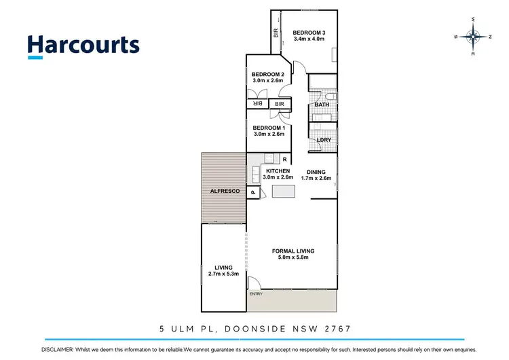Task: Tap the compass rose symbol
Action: [473, 36]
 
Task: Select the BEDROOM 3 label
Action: [309, 33]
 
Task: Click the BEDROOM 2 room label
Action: [267, 74]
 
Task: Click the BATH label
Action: [321, 105]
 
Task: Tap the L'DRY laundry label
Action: [324, 140]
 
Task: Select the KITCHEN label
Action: [278, 171]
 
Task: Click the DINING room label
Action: [316, 172]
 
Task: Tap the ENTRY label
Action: [255, 293]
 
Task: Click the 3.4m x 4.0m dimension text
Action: [309, 39]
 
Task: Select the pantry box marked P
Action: [252, 193]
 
